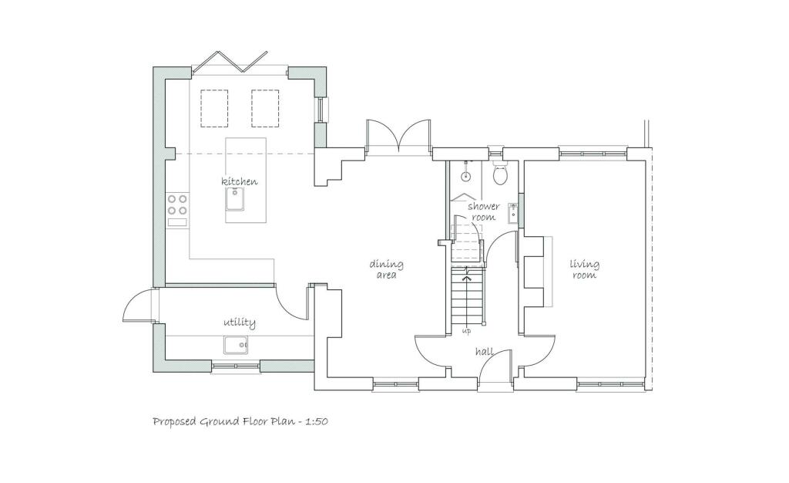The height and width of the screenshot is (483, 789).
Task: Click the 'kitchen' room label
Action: tap(240, 181)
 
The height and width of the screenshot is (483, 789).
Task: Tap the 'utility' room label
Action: tap(240, 322)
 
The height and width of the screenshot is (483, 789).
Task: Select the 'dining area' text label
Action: tap(386, 269)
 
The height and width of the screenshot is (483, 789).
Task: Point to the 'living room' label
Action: tap(584, 269)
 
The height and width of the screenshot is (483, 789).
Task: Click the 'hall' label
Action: tap(484, 352)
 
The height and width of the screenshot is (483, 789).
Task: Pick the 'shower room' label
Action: tap(483, 211)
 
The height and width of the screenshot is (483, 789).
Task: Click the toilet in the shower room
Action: tap(500, 174)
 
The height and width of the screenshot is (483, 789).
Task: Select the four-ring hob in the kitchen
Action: tap(177, 204)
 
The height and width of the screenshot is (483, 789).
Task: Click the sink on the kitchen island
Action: tap(235, 199)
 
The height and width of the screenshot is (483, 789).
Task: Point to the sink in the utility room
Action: tap(237, 345)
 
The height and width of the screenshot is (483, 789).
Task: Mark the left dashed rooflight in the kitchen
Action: tap(214, 108)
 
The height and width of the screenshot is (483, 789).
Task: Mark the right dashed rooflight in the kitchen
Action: tap(265, 108)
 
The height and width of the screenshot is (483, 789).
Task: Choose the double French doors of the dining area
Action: tap(398, 136)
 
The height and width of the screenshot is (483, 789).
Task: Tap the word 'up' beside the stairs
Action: tap(466, 331)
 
